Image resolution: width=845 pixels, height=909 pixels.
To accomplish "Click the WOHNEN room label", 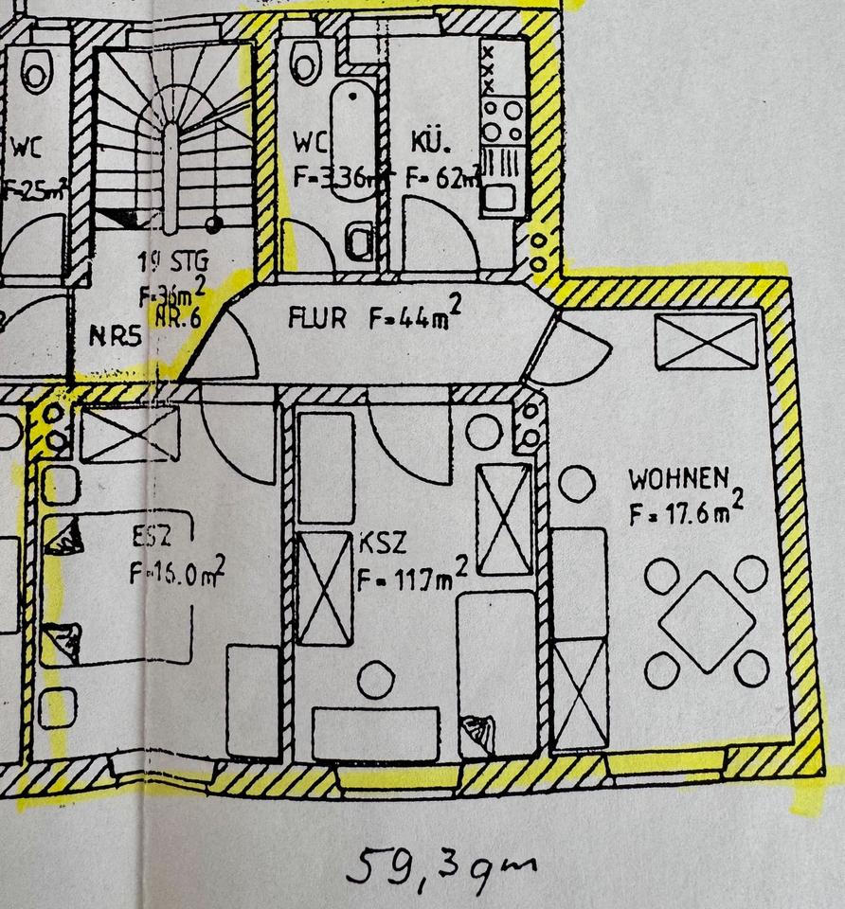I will pyautogui.click(x=678, y=478).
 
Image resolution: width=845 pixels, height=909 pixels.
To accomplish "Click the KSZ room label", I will pyautogui.click(x=383, y=543).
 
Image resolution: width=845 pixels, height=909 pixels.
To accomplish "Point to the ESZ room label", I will pyautogui.click(x=153, y=541).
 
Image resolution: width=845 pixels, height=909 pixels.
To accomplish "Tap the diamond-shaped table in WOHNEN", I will pyautogui.click(x=707, y=621).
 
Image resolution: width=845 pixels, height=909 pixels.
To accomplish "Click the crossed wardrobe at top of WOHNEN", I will pyautogui.click(x=707, y=341).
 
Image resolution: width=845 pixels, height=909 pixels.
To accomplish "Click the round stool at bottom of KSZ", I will pyautogui.click(x=376, y=679).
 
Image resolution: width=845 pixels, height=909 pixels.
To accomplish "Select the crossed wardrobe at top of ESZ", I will pyautogui.click(x=129, y=434).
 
